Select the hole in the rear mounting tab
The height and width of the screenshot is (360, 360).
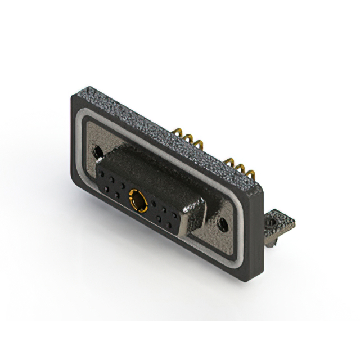pyautogui.click(x=273, y=223)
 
